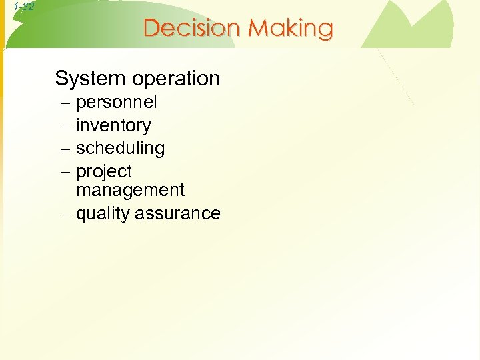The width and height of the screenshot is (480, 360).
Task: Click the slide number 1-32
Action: coord(23,7)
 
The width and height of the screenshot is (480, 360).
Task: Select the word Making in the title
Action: coord(291,29)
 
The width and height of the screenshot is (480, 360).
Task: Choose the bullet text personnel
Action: coord(117,103)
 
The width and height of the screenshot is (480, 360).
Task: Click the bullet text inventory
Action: coord(113,126)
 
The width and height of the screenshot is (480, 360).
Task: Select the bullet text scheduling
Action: coord(120,149)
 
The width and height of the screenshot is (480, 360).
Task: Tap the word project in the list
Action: coord(104,172)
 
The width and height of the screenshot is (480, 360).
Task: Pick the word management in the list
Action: coord(130,191)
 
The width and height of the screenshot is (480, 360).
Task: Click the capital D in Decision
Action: coord(152,29)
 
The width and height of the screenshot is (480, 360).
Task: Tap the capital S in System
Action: coord(62,79)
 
